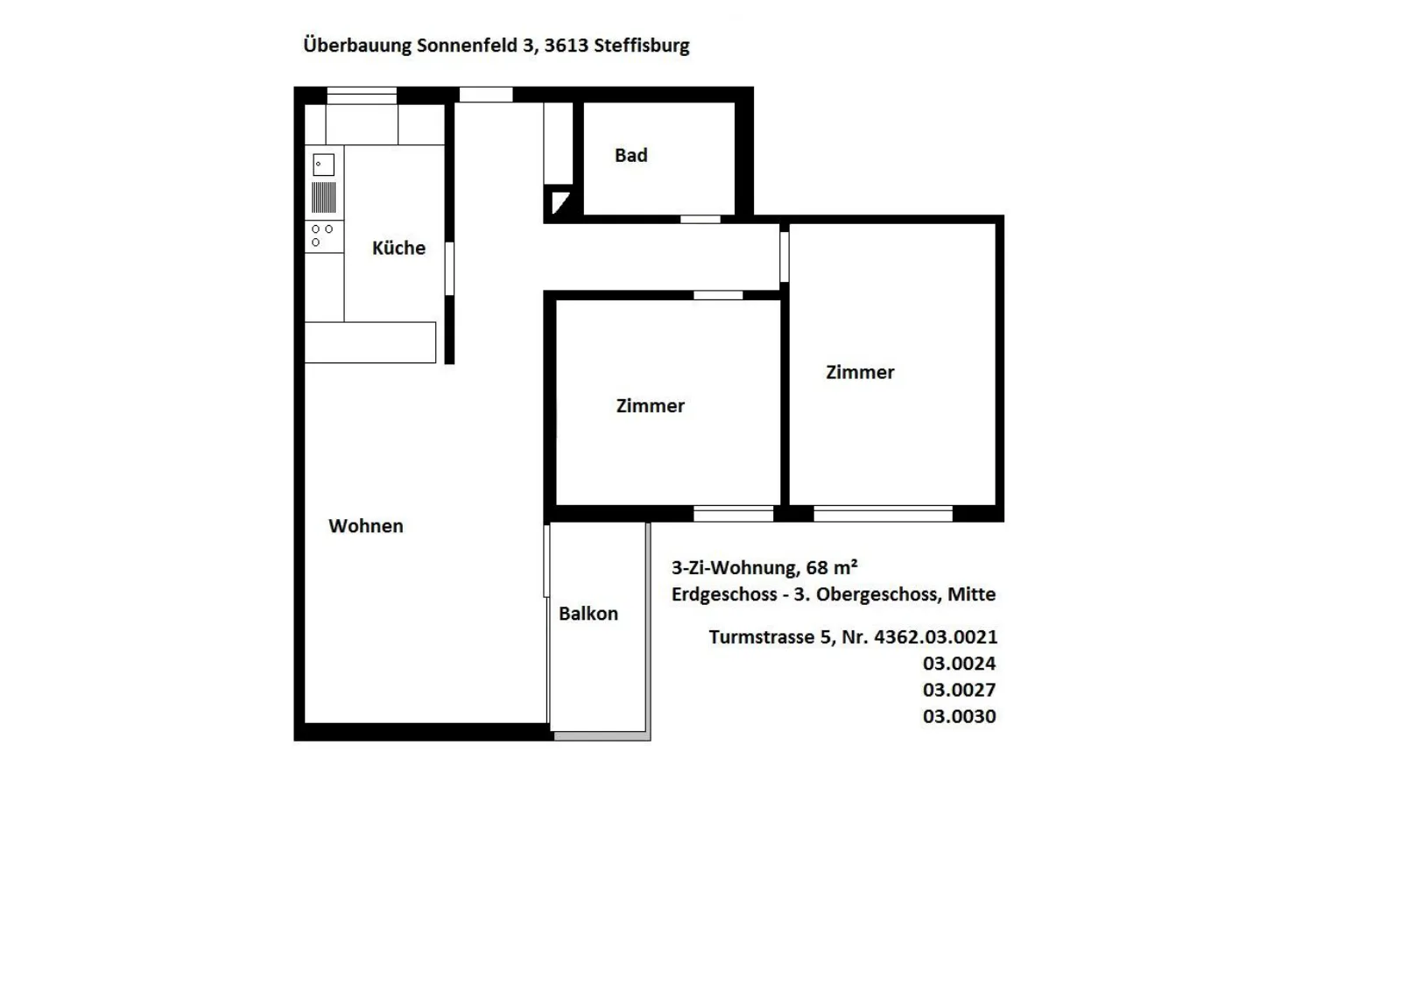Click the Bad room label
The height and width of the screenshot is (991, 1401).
tap(630, 155)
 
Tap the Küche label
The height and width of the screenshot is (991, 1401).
tap(398, 248)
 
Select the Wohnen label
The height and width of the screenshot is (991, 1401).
tap(366, 526)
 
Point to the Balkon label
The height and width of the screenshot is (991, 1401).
tap(588, 614)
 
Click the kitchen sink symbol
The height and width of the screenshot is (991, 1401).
tap(323, 165)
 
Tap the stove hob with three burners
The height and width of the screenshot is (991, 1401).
tap(323, 235)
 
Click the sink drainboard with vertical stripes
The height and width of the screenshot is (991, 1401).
tap(323, 197)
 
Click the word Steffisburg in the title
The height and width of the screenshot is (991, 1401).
tap(642, 46)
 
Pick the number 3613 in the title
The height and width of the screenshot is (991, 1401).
tap(566, 45)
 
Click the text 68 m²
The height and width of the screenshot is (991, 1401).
tap(831, 566)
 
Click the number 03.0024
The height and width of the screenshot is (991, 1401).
tap(960, 663)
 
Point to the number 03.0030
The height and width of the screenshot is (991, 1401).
tap(960, 716)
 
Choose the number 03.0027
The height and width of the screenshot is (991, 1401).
tap(960, 690)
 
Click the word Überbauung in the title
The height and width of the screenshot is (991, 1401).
tap(357, 45)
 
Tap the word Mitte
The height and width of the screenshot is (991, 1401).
tap(971, 594)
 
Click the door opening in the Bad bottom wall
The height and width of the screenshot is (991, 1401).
tap(700, 219)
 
